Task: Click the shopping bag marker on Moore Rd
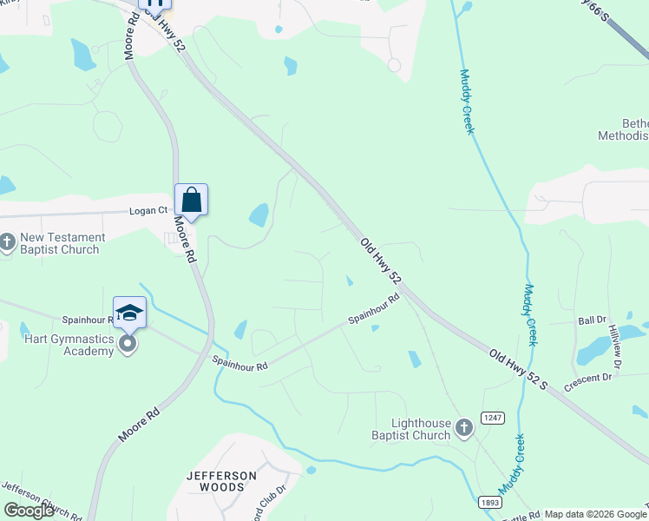coord(191,200)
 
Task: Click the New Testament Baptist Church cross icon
coord(8,243)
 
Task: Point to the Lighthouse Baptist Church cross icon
coord(464,427)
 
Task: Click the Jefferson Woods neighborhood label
coord(221,481)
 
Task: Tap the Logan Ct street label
coord(148,210)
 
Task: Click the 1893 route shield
coord(489,502)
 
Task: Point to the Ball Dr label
coord(590,320)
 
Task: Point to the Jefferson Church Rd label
coord(42,499)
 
